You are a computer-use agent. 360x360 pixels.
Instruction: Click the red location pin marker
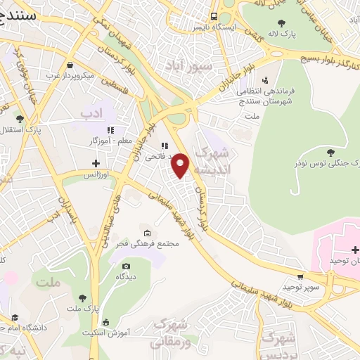point(181,165)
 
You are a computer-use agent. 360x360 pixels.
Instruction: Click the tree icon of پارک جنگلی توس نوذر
point(331,152)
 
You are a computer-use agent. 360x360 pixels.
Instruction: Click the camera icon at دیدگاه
point(126,266)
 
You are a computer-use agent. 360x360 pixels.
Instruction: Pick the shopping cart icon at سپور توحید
point(300,277)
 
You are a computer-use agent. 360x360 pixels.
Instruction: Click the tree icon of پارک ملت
point(84,298)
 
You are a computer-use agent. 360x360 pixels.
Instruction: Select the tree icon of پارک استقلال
point(20,119)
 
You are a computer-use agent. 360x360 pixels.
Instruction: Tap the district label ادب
point(91,112)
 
